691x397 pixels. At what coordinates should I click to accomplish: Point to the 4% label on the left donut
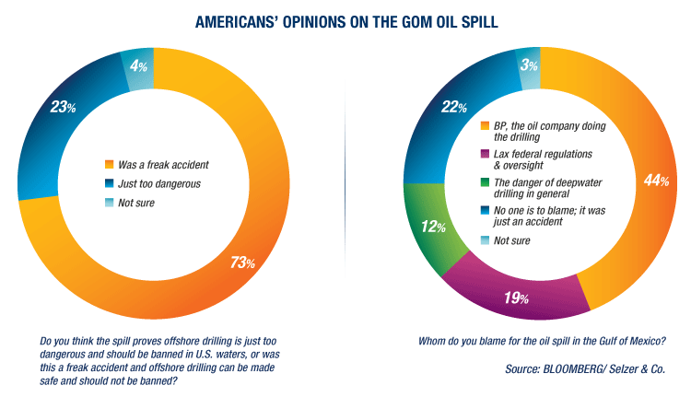pos(137,66)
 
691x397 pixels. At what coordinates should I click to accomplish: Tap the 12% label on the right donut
pos(431,226)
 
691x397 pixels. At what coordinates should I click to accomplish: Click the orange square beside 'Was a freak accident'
pos(108,164)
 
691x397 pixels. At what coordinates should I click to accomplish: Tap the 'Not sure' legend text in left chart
pos(138,202)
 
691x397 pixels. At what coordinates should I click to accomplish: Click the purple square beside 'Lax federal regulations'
pos(484,153)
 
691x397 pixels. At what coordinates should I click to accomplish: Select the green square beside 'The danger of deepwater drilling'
pos(484,181)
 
